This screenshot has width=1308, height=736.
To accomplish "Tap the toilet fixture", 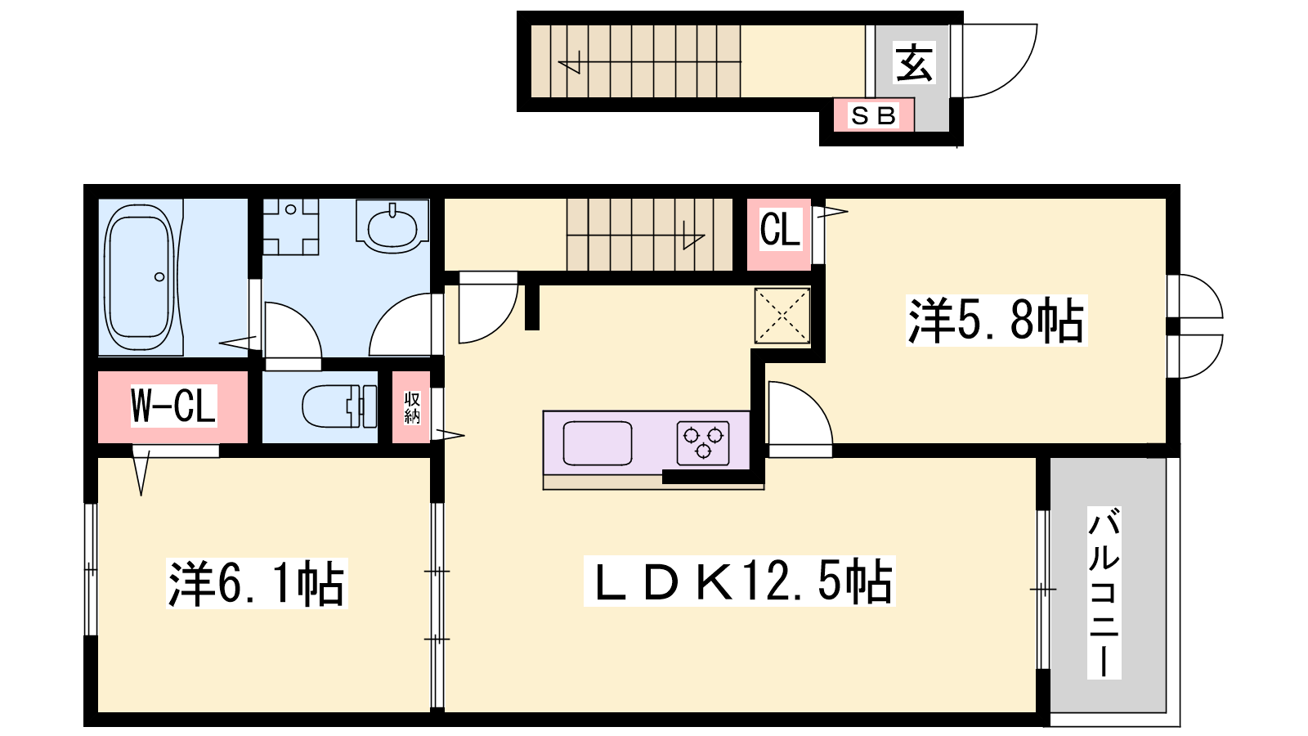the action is pos(339,406).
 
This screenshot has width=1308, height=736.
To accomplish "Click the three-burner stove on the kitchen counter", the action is pos(703,442).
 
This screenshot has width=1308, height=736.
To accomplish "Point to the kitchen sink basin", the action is pos(598,442).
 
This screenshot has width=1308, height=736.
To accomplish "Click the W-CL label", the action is pos(173,406).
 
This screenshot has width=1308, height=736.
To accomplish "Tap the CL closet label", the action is pos(780,229).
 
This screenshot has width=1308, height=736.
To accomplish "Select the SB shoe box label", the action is pos(874,115).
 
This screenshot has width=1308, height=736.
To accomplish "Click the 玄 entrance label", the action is pos(914,62).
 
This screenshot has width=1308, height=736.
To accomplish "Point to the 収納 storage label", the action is pos(412,408).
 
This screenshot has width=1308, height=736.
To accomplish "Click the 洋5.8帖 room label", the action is pos(997,320).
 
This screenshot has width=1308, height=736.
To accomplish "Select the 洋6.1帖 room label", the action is pos(257,583).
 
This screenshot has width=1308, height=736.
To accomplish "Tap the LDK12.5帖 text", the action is pos(740,581).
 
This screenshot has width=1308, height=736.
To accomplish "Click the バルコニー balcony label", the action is pos(1104,592).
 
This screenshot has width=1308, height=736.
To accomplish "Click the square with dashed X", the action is pos(782,316).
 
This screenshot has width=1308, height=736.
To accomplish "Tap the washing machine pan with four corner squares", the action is pos(290,227).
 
